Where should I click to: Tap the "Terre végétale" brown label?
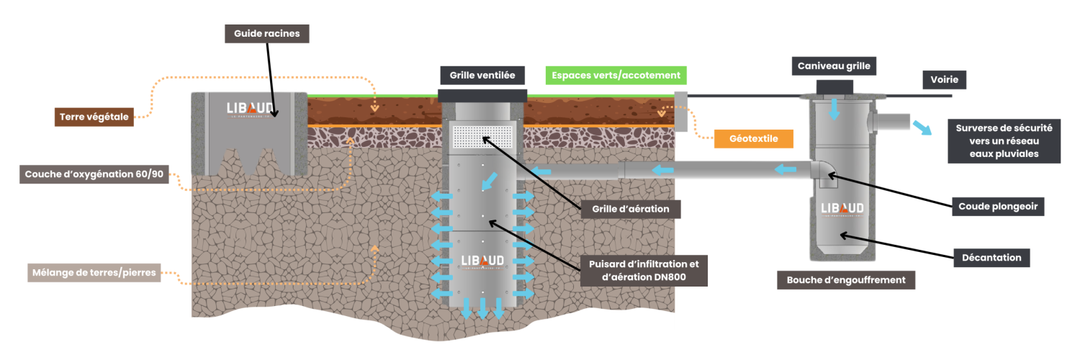point(94,117)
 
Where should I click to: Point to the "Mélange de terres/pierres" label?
point(94,273)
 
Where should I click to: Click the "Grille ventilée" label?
point(482,75)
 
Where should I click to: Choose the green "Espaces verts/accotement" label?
point(616,75)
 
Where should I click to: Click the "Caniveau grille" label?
point(834,66)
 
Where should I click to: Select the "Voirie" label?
point(945,80)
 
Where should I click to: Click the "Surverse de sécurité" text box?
point(1004,141)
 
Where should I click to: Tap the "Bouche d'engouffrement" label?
point(846,280)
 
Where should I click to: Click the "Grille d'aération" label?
point(631,210)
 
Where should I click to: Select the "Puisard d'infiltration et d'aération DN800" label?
point(644,271)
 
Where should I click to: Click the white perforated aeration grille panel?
point(482,135)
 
